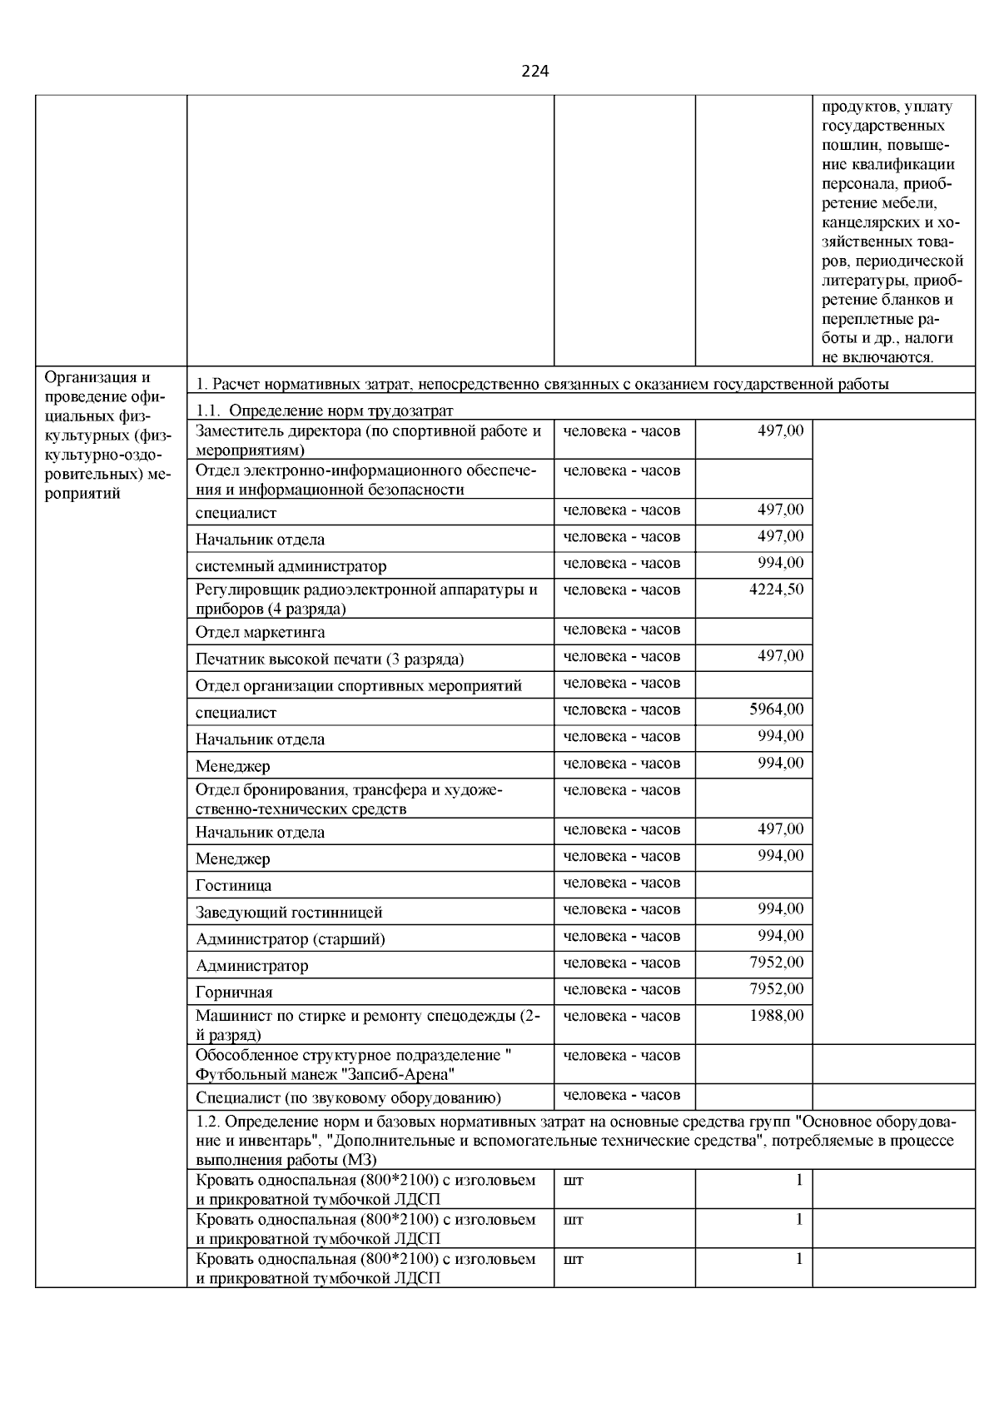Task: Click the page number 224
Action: tap(535, 72)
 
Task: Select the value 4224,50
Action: tap(777, 590)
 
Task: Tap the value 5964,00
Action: tap(777, 709)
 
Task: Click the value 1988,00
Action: tap(777, 1016)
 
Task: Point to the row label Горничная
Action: tap(234, 993)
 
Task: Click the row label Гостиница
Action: tap(233, 886)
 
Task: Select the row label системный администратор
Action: tap(291, 566)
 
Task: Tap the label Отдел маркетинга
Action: tap(260, 632)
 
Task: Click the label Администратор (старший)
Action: tap(290, 939)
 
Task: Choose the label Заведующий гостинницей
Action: tap(289, 913)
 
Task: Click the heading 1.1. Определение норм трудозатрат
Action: tap(325, 410)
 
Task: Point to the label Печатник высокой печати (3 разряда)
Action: tap(330, 659)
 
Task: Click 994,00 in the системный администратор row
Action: tap(780, 563)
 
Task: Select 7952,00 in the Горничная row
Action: tap(777, 989)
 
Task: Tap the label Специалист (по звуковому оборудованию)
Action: tap(348, 1098)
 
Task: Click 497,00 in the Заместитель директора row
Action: tap(780, 430)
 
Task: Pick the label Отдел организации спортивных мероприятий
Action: tap(359, 686)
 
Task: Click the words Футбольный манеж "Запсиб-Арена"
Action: tap(325, 1074)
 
